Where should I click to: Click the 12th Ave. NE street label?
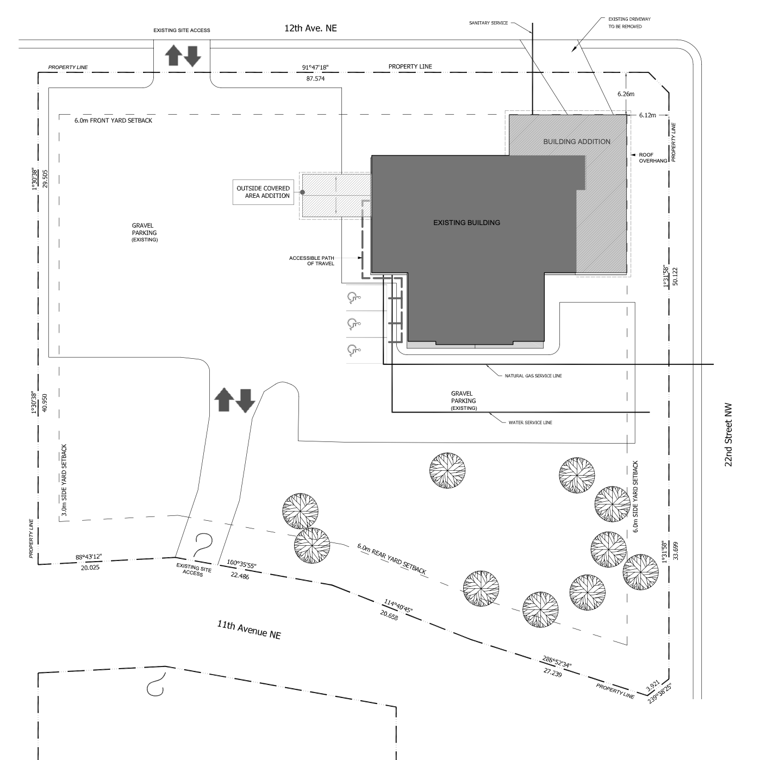pos(310,28)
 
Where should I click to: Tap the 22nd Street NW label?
pos(728,434)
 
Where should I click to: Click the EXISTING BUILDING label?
pos(466,222)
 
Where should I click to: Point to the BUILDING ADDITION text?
pos(577,141)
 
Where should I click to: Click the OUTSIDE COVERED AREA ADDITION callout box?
pos(263,192)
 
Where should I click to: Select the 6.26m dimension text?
pos(626,94)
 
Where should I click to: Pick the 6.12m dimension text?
pos(647,115)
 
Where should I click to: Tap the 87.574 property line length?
pos(315,79)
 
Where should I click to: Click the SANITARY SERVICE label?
pos(488,23)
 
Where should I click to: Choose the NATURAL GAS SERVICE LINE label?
pos(533,376)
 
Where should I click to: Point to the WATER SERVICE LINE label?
pos(530,422)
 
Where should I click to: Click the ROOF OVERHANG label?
pos(653,158)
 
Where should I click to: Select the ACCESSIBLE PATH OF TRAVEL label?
pos(312,261)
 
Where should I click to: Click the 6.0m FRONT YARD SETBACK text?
pos(113,120)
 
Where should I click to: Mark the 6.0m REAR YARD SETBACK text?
pos(391,558)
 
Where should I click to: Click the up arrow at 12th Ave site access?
pos(173,55)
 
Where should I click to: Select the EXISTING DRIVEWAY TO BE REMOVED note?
pos(629,22)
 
